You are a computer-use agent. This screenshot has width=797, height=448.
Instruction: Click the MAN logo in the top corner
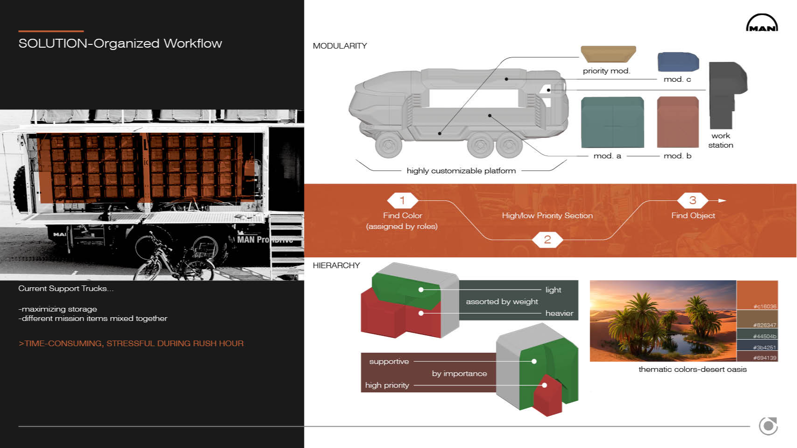(x=762, y=23)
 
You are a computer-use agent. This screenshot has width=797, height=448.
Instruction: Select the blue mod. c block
(x=678, y=62)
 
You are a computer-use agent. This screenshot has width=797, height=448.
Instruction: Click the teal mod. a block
(x=612, y=122)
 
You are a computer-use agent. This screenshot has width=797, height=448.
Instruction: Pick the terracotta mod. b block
(x=678, y=122)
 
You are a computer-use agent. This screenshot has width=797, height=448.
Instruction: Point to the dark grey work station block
(x=726, y=95)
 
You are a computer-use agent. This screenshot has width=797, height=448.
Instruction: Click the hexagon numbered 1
(x=402, y=200)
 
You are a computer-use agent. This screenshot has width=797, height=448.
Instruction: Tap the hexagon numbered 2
(x=547, y=239)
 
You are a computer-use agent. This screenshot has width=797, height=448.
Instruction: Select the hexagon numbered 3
(x=692, y=200)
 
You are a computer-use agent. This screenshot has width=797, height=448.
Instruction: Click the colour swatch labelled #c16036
(x=757, y=295)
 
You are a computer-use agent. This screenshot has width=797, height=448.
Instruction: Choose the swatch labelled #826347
(x=757, y=319)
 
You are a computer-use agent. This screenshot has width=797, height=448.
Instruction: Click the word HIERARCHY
(x=336, y=265)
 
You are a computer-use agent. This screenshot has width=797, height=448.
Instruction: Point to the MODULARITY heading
(x=340, y=46)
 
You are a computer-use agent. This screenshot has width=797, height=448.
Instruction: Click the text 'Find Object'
(x=693, y=215)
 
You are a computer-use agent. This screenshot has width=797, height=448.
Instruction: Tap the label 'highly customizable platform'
(x=461, y=171)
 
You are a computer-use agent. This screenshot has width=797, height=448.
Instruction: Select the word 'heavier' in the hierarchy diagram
(x=559, y=313)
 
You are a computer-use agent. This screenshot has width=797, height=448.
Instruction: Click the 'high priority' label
(x=387, y=385)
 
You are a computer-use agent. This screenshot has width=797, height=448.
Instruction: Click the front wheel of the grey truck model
(x=388, y=145)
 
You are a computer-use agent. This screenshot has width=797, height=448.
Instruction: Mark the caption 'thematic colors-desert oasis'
(x=692, y=370)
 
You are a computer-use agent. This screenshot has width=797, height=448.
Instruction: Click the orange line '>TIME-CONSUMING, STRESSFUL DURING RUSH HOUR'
(x=131, y=344)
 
